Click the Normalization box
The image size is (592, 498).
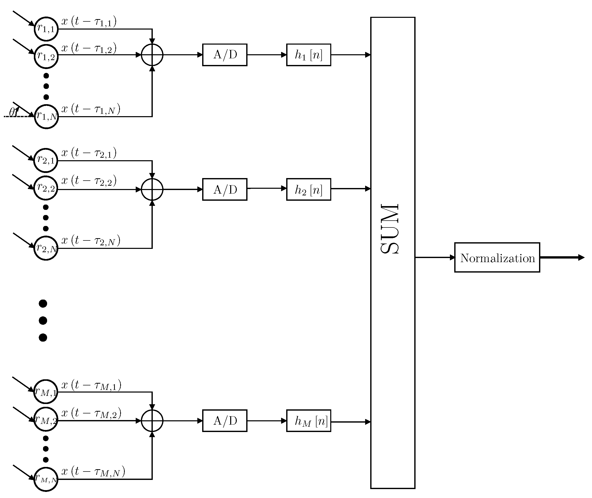point(497,258)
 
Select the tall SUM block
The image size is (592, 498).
point(393,253)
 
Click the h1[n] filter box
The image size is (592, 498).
point(308,55)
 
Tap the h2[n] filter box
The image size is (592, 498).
point(308,190)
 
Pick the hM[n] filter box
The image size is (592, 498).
point(308,421)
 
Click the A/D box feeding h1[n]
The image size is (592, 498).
point(225,55)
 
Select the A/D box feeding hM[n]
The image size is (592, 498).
point(225,421)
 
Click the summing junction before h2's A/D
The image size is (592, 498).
point(152,190)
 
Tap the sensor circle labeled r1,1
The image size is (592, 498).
point(46,29)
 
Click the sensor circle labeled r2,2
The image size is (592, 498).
point(46,188)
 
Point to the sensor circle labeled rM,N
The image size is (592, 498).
point(46,479)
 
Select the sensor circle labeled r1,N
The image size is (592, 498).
point(47,116)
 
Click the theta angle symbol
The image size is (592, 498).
point(13,112)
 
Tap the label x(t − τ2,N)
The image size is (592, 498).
point(91,240)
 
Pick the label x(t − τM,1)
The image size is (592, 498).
point(91,385)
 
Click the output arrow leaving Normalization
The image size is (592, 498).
point(561,258)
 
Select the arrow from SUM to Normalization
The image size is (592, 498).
point(435,258)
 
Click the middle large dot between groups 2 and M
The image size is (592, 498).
point(43,320)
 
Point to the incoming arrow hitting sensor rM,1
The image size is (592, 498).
point(23,384)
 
